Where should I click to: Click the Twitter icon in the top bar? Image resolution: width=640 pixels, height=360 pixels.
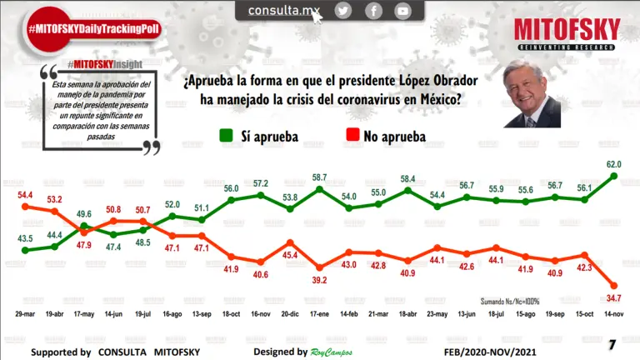click(343, 11)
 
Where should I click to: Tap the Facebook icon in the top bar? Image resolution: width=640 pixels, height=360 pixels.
click(373, 11)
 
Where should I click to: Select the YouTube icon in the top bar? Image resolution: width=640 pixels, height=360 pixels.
click(403, 11)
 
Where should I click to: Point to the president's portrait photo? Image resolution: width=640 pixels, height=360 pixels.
click(531, 96)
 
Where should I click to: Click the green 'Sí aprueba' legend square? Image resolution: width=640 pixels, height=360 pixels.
click(226, 135)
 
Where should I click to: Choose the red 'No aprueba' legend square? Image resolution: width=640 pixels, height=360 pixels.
click(352, 135)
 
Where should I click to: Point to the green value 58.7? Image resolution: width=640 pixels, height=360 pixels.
click(319, 178)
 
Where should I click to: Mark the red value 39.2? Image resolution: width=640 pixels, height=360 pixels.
click(319, 279)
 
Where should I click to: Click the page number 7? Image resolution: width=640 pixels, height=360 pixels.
click(612, 344)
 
